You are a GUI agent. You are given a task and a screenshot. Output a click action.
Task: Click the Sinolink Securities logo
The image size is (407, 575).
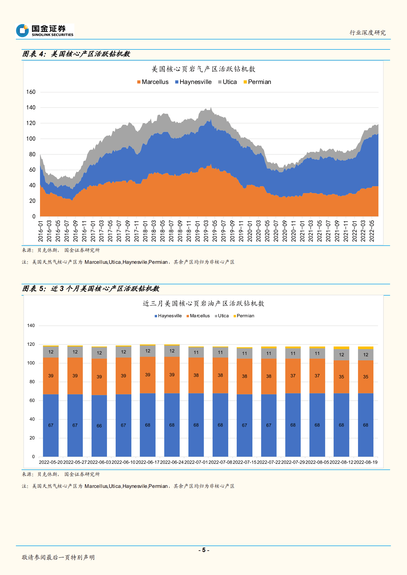coord(45,31)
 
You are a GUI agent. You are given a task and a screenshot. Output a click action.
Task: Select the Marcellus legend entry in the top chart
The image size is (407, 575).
coord(153,82)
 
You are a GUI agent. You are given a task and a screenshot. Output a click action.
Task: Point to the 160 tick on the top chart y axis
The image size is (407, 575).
coord(31,92)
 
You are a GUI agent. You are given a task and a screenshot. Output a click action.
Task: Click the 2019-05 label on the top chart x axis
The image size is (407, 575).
coord(215,231)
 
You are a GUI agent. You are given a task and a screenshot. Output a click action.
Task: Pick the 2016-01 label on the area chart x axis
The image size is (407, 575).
coord(41,231)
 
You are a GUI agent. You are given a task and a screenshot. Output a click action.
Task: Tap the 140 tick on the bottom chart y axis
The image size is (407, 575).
coord(31,326)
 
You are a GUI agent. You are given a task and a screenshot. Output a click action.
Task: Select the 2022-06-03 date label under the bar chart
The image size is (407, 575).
coord(99,462)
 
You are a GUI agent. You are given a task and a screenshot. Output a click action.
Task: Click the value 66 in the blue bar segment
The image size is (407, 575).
coord(99,426)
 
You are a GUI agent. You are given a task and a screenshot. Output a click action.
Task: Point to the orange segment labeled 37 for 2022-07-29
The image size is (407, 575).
coord(293,376)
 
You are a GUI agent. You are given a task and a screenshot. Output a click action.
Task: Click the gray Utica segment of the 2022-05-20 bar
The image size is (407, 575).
coord(51,352)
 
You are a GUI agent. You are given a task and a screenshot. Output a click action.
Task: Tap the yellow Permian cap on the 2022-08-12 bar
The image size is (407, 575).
coord(341,348)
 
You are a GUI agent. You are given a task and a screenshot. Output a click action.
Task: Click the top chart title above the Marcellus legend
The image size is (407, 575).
coord(203,69)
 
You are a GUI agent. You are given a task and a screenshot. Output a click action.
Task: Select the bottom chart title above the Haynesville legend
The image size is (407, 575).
coord(203,304)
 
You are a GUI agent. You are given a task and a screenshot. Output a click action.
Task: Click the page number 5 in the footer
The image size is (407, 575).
coord(204,550)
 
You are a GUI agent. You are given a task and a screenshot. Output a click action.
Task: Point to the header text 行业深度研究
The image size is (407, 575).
coord(368,33)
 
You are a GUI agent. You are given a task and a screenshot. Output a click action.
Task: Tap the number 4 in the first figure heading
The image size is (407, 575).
coord(41,54)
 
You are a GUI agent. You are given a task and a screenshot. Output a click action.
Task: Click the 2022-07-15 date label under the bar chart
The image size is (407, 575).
coord(244,462)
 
